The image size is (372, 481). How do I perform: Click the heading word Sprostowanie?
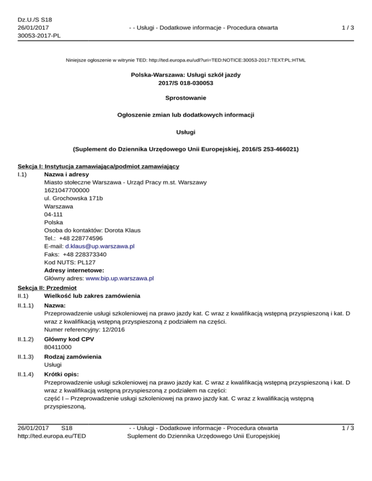[x=186, y=98]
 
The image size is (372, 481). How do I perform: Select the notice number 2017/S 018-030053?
[x=186, y=83]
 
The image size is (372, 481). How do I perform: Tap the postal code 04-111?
[x=53, y=214]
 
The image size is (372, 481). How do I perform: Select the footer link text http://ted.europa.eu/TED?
[x=52, y=436]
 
